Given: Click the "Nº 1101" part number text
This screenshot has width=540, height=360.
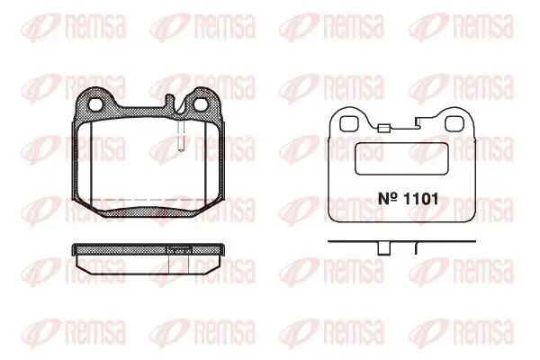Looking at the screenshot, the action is (408, 199).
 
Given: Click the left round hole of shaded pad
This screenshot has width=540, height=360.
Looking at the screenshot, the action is (94, 104).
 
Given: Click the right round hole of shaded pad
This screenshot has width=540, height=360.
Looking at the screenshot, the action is (200, 104).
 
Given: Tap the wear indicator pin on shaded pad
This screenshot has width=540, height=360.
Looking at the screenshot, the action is (181, 135).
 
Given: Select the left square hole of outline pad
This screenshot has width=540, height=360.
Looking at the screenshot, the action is (347, 124).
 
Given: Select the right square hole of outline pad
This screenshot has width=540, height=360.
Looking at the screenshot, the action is (453, 124).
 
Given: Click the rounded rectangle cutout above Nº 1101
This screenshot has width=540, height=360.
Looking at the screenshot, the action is (401, 158).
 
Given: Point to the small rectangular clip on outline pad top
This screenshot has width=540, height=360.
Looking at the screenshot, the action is (383, 129).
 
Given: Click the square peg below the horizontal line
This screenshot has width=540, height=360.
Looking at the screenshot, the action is (383, 248).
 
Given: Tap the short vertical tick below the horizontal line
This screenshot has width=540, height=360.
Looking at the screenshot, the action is (416, 248).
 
